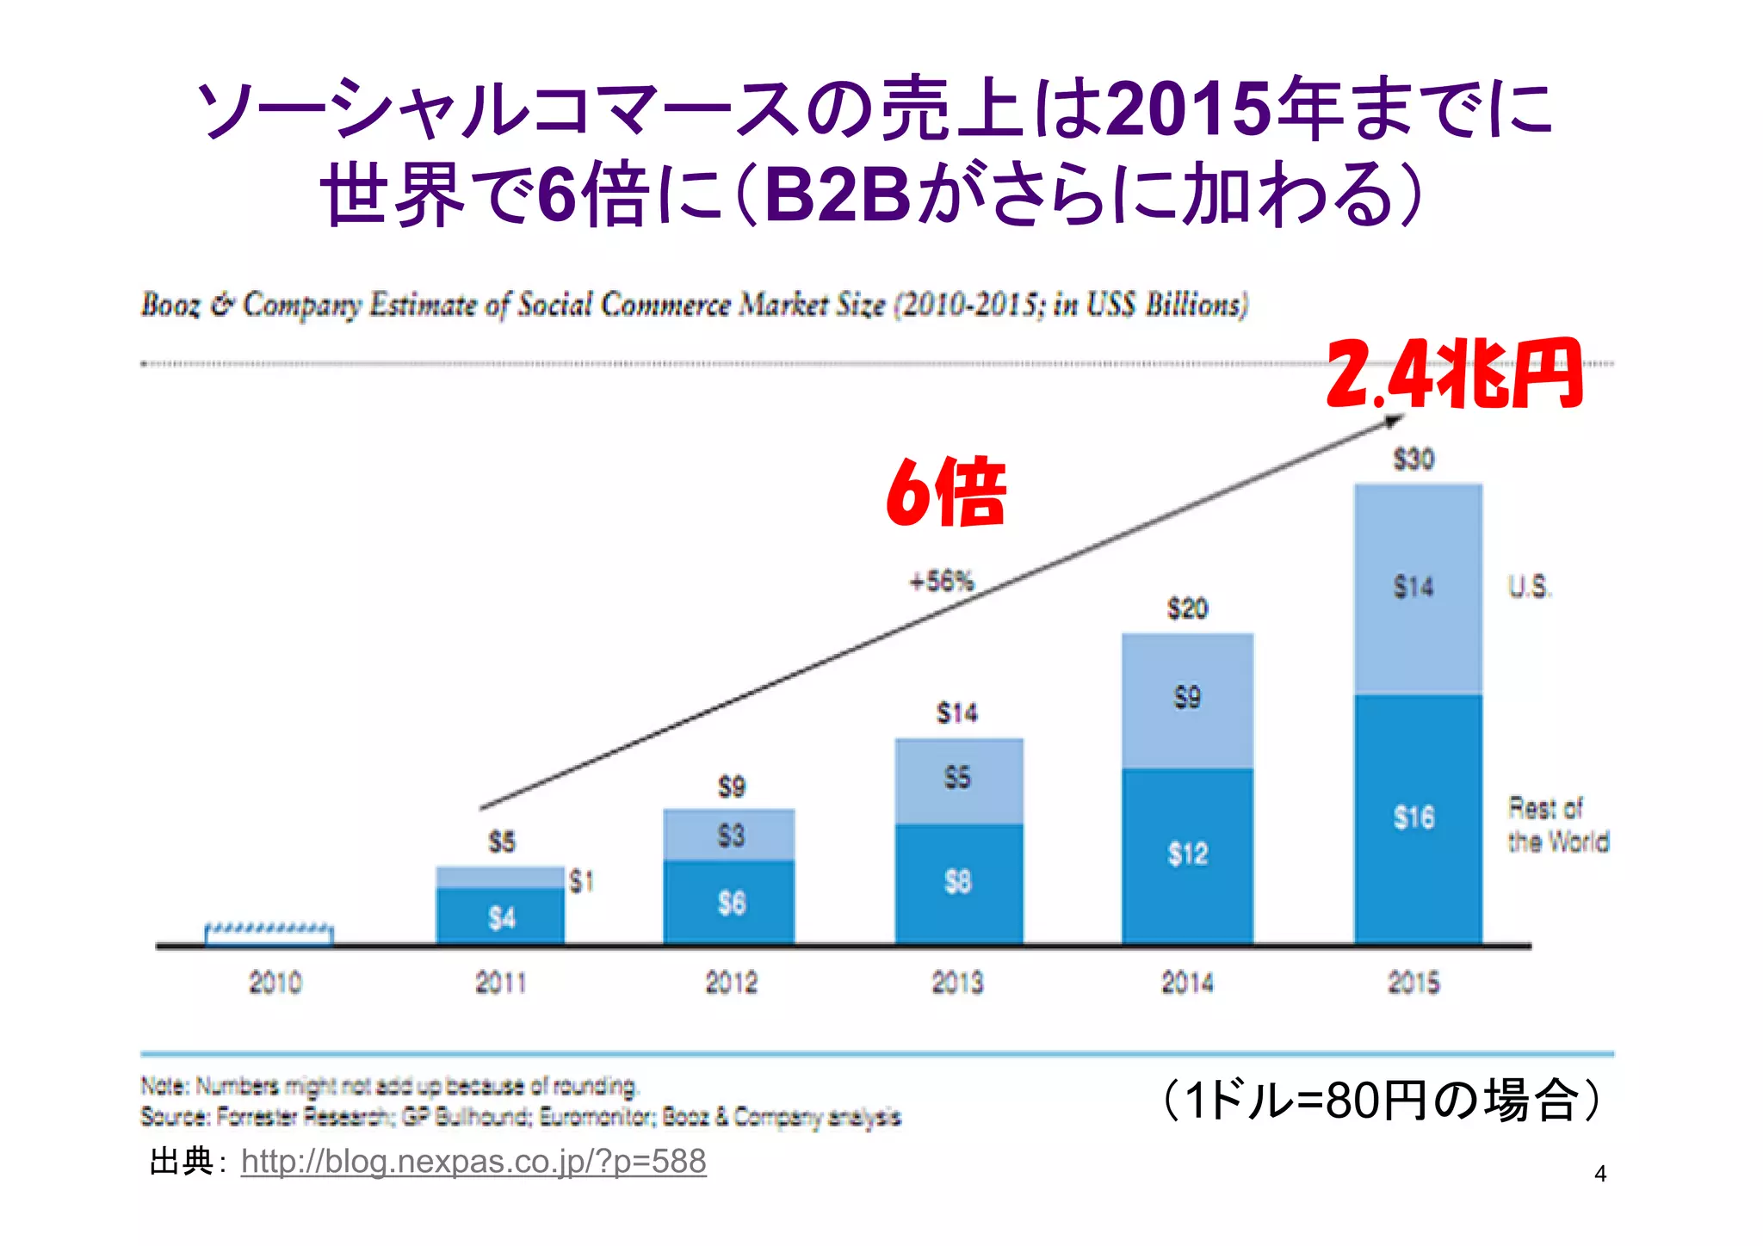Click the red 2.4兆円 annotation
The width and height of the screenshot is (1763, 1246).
[1454, 374]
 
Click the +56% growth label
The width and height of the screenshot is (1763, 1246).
[942, 582]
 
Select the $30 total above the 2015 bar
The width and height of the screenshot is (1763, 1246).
[1413, 459]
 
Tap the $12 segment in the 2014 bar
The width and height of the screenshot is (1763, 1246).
[1187, 854]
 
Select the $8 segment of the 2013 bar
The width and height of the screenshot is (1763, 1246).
[957, 881]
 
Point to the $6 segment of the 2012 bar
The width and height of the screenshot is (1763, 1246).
[731, 903]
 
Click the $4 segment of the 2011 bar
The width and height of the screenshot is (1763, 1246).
[501, 918]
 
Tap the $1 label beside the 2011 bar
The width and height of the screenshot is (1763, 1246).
[582, 881]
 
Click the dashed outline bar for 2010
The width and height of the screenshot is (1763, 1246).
[269, 934]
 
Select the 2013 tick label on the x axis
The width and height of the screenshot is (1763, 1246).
[957, 982]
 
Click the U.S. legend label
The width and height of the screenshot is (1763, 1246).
[1529, 588]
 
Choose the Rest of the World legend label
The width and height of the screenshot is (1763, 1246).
[1556, 824]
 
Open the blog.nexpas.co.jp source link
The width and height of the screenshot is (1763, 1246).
[473, 1162]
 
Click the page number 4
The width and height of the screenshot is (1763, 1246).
[1599, 1174]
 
